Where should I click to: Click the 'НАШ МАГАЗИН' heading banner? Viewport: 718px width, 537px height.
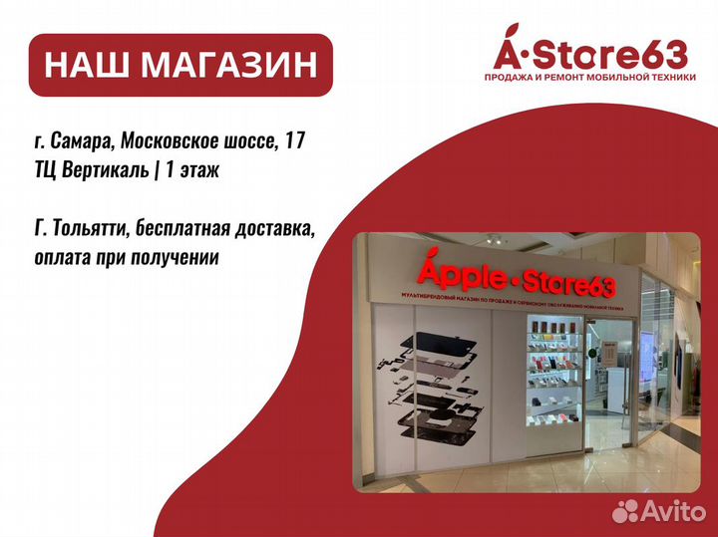(x=179, y=66)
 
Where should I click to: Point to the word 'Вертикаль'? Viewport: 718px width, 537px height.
(x=113, y=170)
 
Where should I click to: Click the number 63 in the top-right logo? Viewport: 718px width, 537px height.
(x=666, y=52)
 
